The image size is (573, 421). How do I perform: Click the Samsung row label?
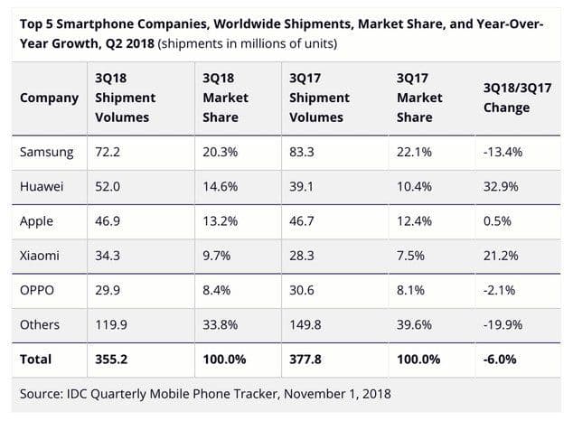coord(45,152)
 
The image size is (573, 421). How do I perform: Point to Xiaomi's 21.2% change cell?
coord(502,256)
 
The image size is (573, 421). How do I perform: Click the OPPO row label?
coord(37,290)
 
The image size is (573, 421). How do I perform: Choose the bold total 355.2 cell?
coord(111,360)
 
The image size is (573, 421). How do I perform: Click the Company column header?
coord(49,98)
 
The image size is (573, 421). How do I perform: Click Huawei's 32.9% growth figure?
coord(502,186)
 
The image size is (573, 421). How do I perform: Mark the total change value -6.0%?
coord(502,360)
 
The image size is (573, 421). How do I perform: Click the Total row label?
coord(36,360)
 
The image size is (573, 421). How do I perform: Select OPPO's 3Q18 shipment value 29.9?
coord(108,290)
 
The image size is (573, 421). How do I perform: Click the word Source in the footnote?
coord(42,394)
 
